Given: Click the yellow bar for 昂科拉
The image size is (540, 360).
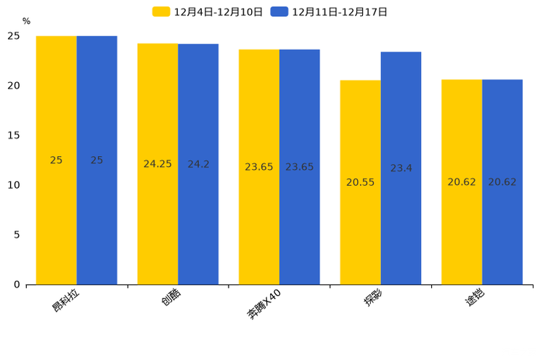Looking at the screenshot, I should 57,160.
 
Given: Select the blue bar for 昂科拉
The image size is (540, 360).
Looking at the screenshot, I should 97,160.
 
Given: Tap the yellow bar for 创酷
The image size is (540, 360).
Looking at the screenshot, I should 157,164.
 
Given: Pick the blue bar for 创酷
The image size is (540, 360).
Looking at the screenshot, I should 198,164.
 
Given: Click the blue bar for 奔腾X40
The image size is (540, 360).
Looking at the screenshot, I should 300,167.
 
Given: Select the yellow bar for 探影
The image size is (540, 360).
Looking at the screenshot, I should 360,182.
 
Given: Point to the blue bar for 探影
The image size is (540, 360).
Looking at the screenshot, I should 401,168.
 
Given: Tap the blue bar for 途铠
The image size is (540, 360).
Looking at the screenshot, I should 502,182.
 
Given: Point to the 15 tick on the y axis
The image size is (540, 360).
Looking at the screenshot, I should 14,136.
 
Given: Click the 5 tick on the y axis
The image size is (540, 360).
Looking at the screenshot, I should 17,235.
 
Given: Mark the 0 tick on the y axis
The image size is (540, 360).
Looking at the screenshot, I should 17,285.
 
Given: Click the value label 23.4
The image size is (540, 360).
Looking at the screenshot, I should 401,168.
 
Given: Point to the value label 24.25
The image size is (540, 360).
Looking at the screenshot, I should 157,164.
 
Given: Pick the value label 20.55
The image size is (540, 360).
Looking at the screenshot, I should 360,182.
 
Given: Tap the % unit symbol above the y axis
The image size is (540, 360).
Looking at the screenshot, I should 26,22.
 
